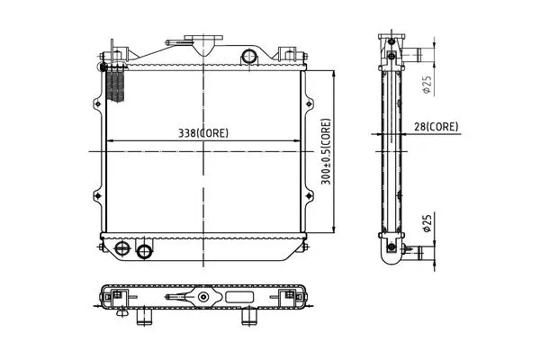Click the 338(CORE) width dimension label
[203, 133]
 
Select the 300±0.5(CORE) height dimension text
[326, 151]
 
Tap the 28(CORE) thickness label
[436, 127]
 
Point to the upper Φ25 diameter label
[427, 85]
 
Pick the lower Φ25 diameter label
[427, 223]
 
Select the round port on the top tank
[249, 56]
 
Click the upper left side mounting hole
[98, 103]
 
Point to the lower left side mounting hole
[98, 196]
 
